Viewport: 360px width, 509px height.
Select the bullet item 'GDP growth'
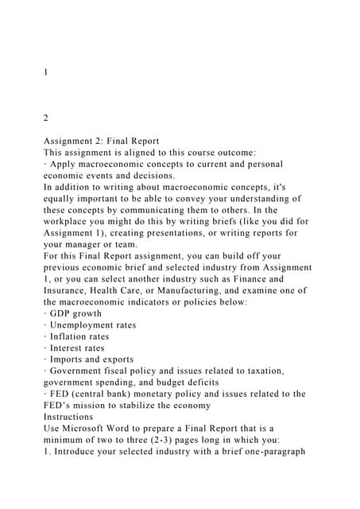point(80,313)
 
